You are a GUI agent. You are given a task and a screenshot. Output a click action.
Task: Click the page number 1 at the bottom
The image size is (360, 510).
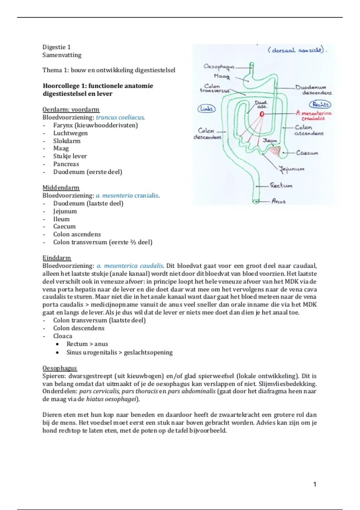[x=315, y=484]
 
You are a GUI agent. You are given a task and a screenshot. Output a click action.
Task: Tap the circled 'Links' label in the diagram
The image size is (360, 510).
[x=206, y=109]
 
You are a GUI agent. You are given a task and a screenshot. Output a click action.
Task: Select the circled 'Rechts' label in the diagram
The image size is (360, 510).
[x=320, y=104]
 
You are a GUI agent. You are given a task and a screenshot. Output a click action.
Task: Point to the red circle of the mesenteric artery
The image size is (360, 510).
[x=262, y=114]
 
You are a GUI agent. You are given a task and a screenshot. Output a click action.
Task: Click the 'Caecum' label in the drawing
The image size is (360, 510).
[x=307, y=153]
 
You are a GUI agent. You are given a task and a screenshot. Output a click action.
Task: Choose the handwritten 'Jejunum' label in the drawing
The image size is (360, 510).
[x=292, y=169]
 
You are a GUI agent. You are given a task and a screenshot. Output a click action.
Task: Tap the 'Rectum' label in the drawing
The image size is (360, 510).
[x=281, y=185]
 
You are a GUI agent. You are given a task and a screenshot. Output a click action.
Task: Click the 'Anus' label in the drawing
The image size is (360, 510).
[x=278, y=201]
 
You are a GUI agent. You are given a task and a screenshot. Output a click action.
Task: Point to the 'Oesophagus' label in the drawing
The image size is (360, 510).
[x=219, y=66]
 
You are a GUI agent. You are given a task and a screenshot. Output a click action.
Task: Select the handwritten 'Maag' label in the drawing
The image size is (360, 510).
[x=222, y=76]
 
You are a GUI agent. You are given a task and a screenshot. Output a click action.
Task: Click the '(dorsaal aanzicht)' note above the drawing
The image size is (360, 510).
[x=296, y=50]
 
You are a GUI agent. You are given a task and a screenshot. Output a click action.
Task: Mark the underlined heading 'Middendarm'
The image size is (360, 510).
[x=61, y=188]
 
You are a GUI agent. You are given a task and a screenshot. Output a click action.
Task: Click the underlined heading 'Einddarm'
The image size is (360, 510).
[x=57, y=258]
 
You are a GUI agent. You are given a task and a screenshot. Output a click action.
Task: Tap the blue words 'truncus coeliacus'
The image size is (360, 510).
[x=120, y=118]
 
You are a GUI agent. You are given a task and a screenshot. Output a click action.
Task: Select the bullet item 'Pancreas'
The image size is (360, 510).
[x=66, y=164]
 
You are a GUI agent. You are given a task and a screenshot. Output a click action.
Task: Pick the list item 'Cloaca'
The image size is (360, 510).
[x=63, y=336]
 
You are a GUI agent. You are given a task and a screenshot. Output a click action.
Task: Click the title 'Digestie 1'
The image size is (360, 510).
[x=56, y=47]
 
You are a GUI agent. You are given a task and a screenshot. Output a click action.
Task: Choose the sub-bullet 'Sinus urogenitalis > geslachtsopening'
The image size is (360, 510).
[x=119, y=352]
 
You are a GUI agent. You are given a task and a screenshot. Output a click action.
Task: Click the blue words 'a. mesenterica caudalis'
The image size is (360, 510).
[x=130, y=266]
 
